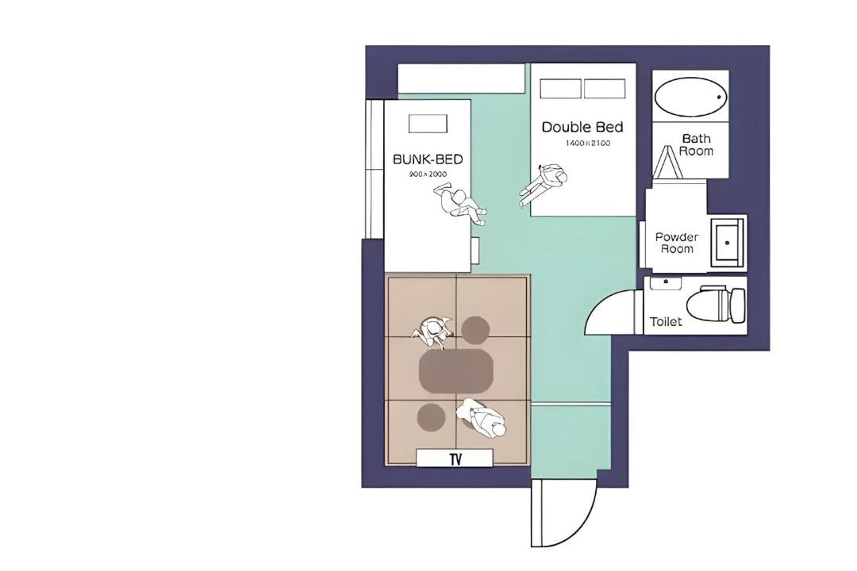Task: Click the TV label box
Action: [x=455, y=458]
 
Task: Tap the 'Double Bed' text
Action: [x=582, y=128]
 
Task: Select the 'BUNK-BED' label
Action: [x=428, y=159]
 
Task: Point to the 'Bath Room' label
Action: [x=697, y=145]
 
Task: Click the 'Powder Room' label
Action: [x=677, y=243]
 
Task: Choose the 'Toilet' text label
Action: [x=666, y=321]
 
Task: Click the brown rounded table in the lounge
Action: [x=456, y=371]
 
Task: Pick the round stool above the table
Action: [x=475, y=330]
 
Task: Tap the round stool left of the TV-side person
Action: [x=431, y=417]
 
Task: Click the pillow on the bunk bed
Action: [x=428, y=124]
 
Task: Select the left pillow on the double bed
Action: [x=560, y=89]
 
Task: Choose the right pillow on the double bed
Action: [x=605, y=89]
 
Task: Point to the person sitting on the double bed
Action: [x=544, y=184]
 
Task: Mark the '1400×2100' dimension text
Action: [x=587, y=144]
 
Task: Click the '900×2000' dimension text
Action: [x=428, y=174]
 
